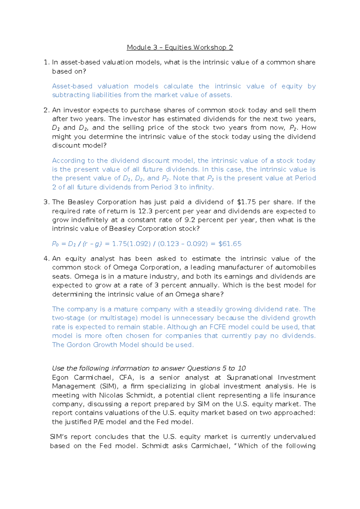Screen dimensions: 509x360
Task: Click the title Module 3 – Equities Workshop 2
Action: click(180, 47)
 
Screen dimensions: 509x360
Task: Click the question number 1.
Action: click(46, 62)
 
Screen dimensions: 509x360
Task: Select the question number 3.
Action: click(46, 202)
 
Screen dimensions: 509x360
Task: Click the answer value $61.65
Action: click(230, 244)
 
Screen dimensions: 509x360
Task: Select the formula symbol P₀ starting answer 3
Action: click(55, 244)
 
